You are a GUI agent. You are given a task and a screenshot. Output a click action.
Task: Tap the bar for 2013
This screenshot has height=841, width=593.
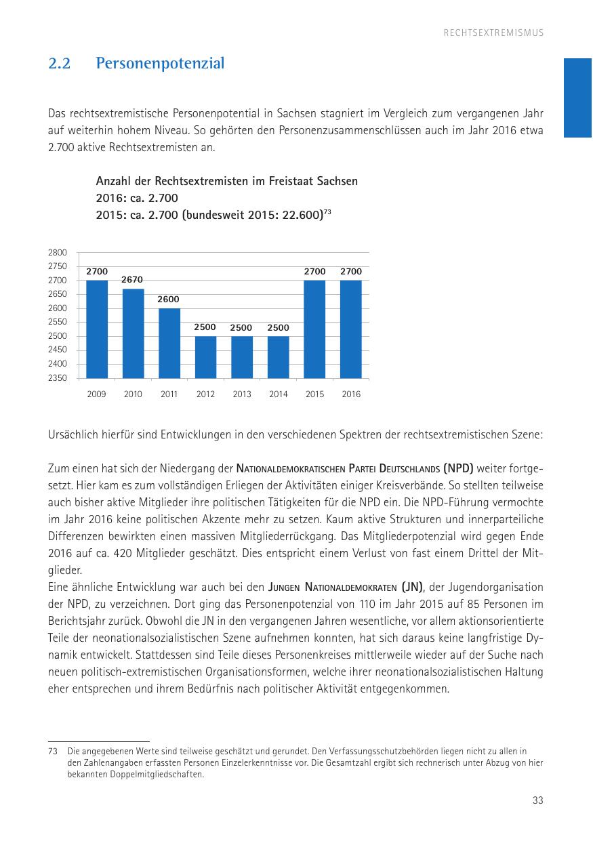pyautogui.click(x=242, y=357)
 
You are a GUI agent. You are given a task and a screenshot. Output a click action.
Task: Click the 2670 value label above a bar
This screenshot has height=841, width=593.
pyautogui.click(x=133, y=279)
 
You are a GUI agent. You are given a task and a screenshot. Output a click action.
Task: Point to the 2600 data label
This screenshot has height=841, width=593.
pyautogui.click(x=169, y=299)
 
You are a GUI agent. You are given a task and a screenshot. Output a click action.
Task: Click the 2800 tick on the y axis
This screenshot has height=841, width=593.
pyautogui.click(x=58, y=252)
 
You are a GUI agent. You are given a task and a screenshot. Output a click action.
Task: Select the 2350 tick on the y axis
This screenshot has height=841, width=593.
pyautogui.click(x=58, y=378)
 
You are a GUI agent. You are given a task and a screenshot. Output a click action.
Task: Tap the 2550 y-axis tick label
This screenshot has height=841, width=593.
pyautogui.click(x=58, y=322)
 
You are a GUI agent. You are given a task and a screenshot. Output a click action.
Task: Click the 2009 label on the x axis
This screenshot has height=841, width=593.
pyautogui.click(x=97, y=394)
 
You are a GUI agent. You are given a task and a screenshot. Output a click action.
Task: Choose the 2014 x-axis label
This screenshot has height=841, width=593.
pyautogui.click(x=279, y=394)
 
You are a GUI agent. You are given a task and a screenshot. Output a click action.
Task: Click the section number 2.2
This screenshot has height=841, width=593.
pyautogui.click(x=60, y=64)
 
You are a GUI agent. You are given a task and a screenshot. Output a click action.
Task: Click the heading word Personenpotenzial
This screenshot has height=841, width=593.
pyautogui.click(x=160, y=64)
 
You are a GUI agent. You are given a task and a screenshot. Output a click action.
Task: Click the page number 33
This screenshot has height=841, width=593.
pyautogui.click(x=538, y=800)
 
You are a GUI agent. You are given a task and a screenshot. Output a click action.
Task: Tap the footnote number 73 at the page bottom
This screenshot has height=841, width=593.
pyautogui.click(x=53, y=752)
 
